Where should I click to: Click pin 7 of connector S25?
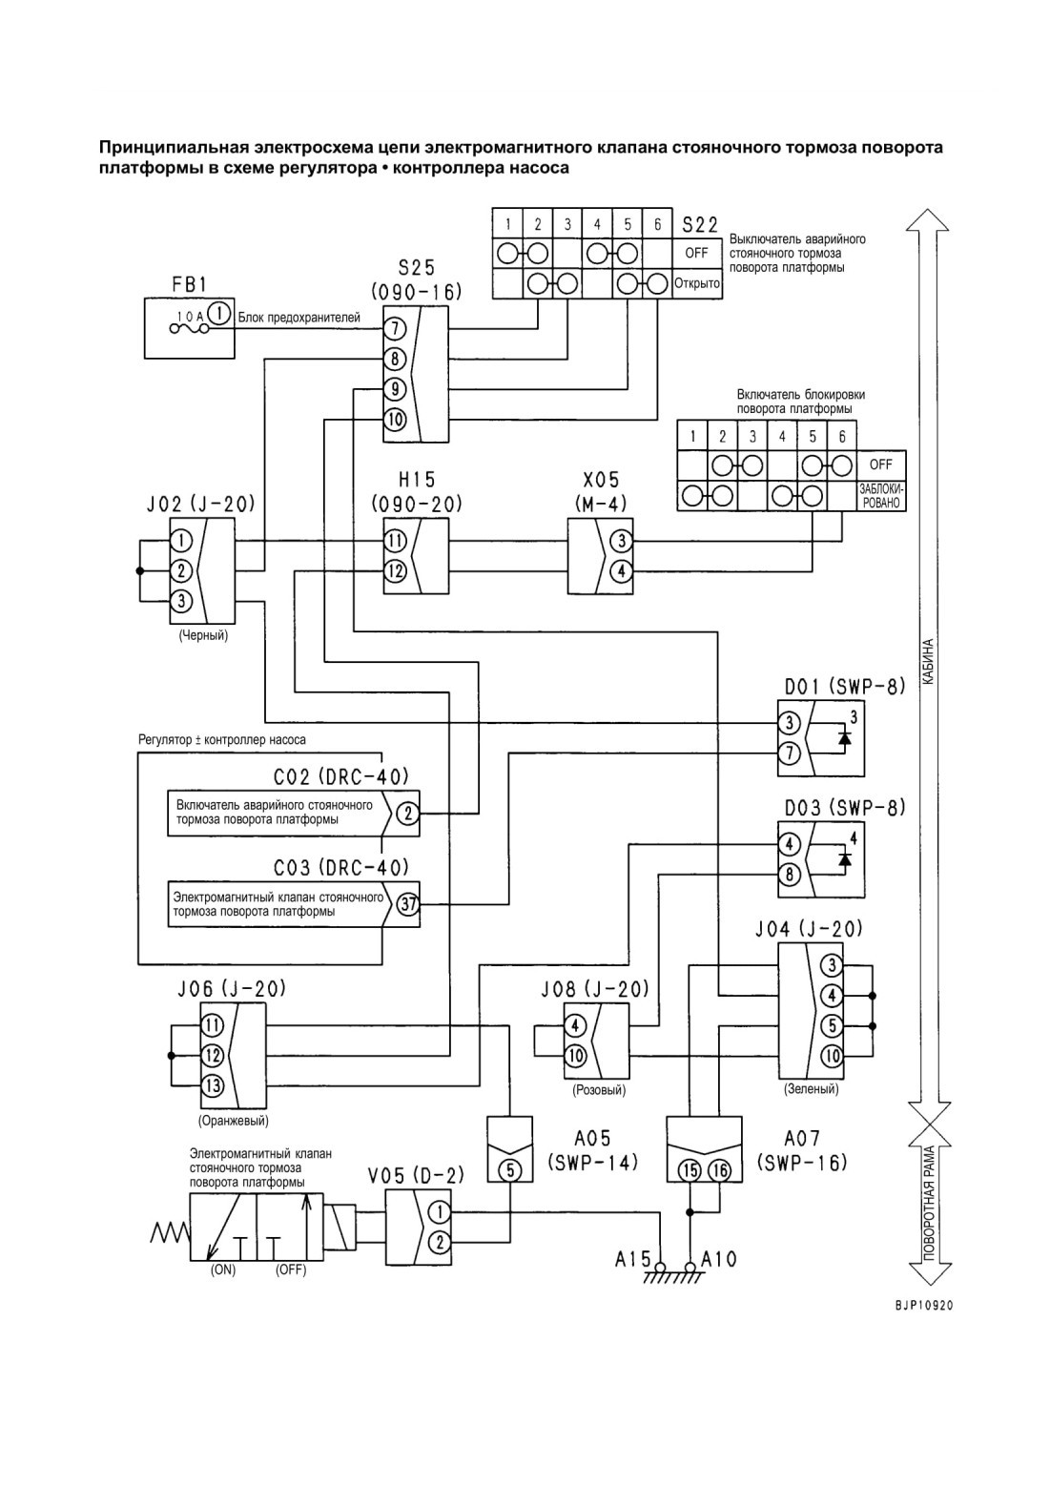394,327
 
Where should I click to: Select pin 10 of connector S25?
394,420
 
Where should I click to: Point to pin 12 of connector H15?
396,570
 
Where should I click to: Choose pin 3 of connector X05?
621,541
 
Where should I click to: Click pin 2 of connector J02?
182,570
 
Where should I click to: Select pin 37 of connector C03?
408,903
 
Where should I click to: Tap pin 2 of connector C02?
408,813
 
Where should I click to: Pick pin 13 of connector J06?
213,1086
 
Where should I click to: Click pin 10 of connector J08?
575,1056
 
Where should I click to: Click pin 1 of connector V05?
441,1212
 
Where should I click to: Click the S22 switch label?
700,225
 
